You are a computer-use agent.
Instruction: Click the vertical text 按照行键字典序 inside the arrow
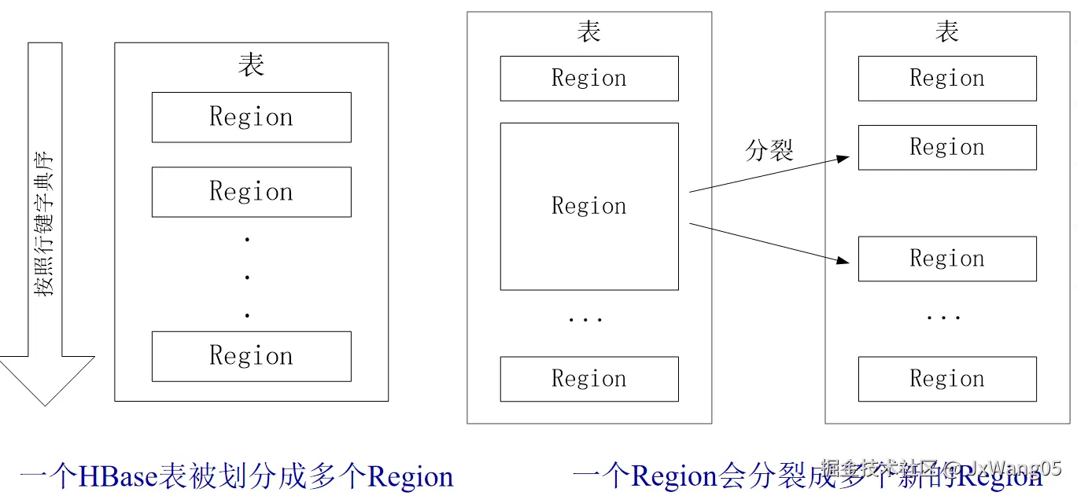tap(45, 224)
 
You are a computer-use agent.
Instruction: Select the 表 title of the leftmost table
tap(251, 65)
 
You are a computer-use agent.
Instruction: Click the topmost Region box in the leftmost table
tap(251, 117)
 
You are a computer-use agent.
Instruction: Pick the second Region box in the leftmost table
tap(251, 192)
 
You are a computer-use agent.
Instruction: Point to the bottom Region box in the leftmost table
tap(251, 356)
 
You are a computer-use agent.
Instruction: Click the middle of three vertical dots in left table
tap(247, 277)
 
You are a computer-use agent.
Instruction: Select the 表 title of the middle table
tap(588, 31)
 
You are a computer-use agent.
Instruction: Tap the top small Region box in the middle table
tap(588, 79)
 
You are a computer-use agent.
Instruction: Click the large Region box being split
tap(588, 206)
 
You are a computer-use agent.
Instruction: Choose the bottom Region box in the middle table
tap(588, 379)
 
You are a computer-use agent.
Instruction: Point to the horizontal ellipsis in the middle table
tap(585, 319)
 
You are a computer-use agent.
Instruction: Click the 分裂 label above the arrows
tap(769, 150)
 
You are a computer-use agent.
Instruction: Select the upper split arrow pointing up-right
tap(769, 175)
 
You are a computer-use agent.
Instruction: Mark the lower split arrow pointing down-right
tap(769, 242)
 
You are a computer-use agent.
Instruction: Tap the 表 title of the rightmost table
tap(946, 31)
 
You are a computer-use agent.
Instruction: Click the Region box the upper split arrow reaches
tap(946, 147)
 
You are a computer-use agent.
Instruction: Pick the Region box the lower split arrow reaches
tap(946, 259)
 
